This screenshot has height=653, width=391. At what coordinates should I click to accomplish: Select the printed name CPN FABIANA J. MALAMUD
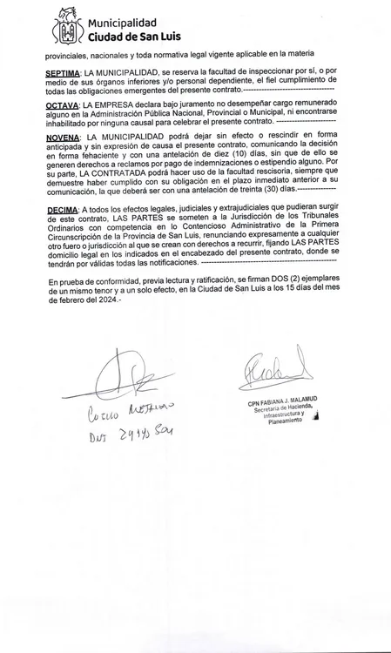coord(282,400)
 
